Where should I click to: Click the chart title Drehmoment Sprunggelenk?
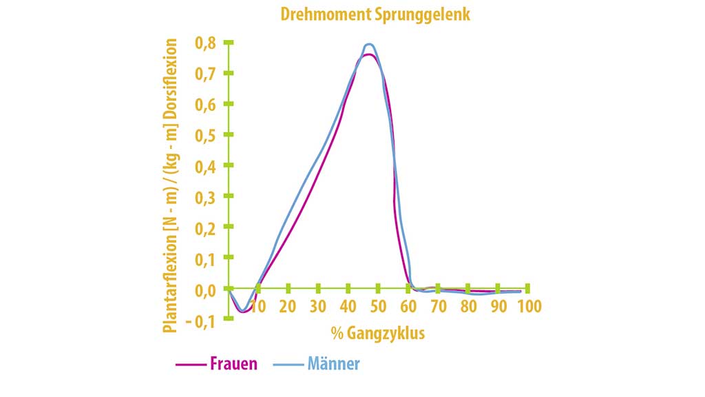(x=375, y=14)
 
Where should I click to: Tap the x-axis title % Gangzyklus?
(x=377, y=334)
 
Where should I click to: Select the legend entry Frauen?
(x=233, y=364)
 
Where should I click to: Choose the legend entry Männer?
(x=333, y=364)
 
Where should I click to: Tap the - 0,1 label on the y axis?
(x=200, y=321)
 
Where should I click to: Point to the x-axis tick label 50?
(x=378, y=306)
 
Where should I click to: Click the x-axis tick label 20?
(x=288, y=306)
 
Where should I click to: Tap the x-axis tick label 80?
(x=468, y=306)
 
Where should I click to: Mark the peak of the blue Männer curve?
(x=369, y=44)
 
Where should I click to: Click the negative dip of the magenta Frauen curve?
(x=242, y=312)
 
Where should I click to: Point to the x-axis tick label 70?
(x=438, y=306)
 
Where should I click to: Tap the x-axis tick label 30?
(x=318, y=306)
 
